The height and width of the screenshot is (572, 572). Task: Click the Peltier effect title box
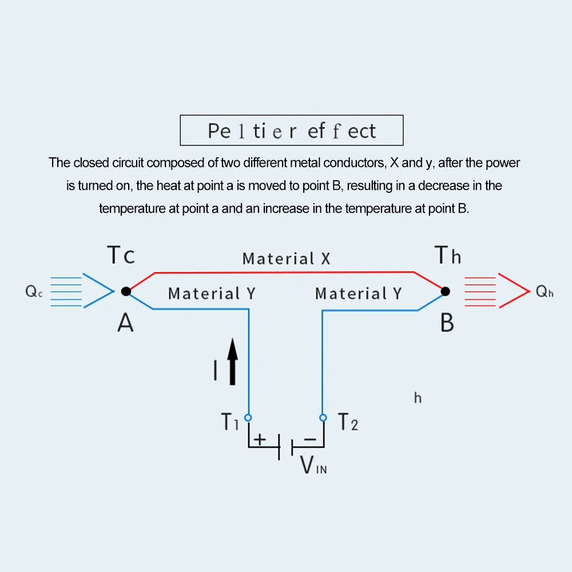292,130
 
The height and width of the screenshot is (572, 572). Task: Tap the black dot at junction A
126,291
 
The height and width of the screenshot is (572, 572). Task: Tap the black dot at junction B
446,291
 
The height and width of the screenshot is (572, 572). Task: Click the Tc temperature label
121,255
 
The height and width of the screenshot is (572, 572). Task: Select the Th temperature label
448,255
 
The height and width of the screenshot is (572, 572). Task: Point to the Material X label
286,259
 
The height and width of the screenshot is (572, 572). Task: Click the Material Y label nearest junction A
212,293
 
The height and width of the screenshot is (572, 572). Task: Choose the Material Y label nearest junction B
359,293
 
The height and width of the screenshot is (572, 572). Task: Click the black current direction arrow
232,362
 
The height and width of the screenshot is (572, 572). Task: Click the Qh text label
543,292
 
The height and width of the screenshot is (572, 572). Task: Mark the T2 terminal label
348,423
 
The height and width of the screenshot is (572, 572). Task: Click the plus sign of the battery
260,439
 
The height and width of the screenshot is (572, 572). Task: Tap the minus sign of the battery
309,439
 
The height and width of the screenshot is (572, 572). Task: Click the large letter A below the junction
125,324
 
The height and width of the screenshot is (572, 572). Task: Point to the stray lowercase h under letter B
418,398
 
